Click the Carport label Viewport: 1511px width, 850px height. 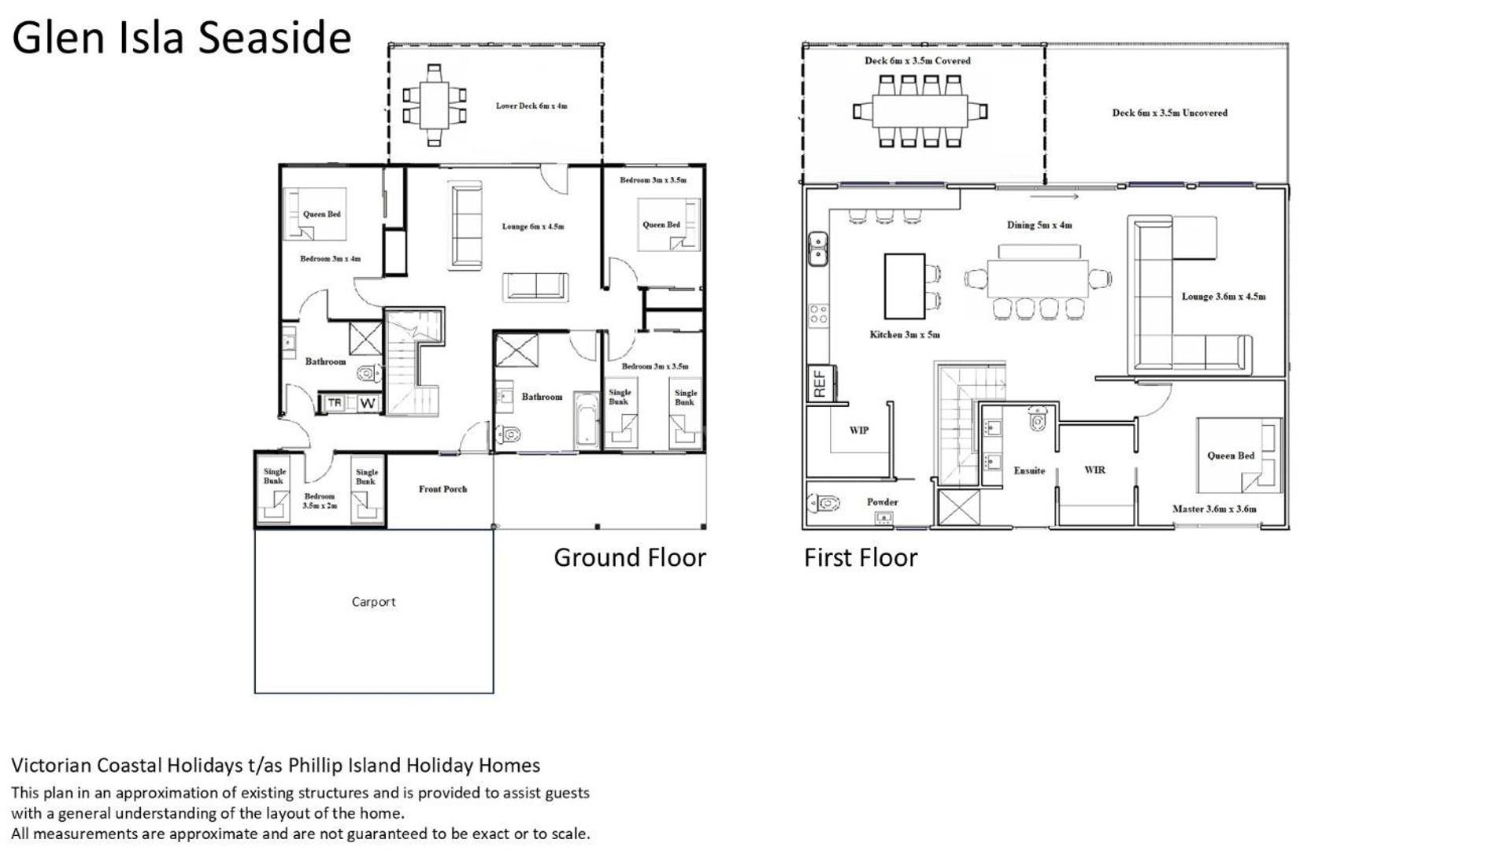click(x=373, y=602)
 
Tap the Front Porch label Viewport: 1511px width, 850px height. click(x=443, y=489)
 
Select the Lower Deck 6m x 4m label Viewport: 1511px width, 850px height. click(x=531, y=105)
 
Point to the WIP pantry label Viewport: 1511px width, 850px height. click(x=859, y=431)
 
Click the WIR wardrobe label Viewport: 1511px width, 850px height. click(x=1094, y=470)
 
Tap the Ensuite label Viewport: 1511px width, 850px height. click(x=1029, y=471)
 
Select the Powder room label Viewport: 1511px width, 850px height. click(x=883, y=502)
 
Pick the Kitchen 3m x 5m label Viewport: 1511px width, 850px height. click(x=905, y=334)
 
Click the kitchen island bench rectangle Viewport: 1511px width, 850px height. click(x=905, y=286)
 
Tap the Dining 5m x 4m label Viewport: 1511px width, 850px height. click(x=1039, y=225)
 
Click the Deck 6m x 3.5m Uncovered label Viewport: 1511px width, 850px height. click(x=1169, y=113)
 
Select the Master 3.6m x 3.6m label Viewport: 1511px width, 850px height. click(x=1214, y=509)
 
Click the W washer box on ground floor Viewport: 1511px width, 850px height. click(x=368, y=404)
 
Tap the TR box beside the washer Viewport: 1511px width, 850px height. click(x=335, y=403)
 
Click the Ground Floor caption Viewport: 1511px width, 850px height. click(x=630, y=557)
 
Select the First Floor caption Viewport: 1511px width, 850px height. click(x=861, y=557)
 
